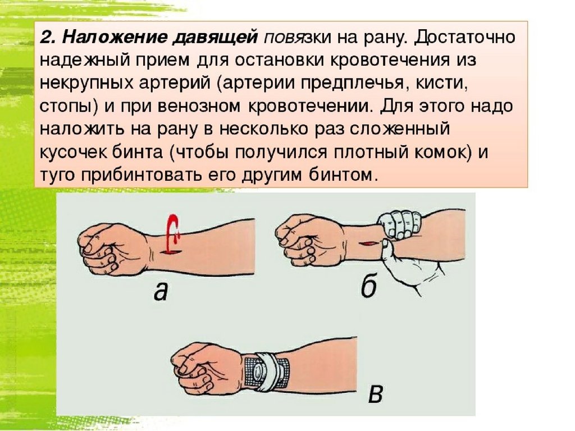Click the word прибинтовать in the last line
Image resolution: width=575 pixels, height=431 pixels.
pos(140,175)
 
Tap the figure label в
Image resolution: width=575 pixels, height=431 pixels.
pos(376,394)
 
